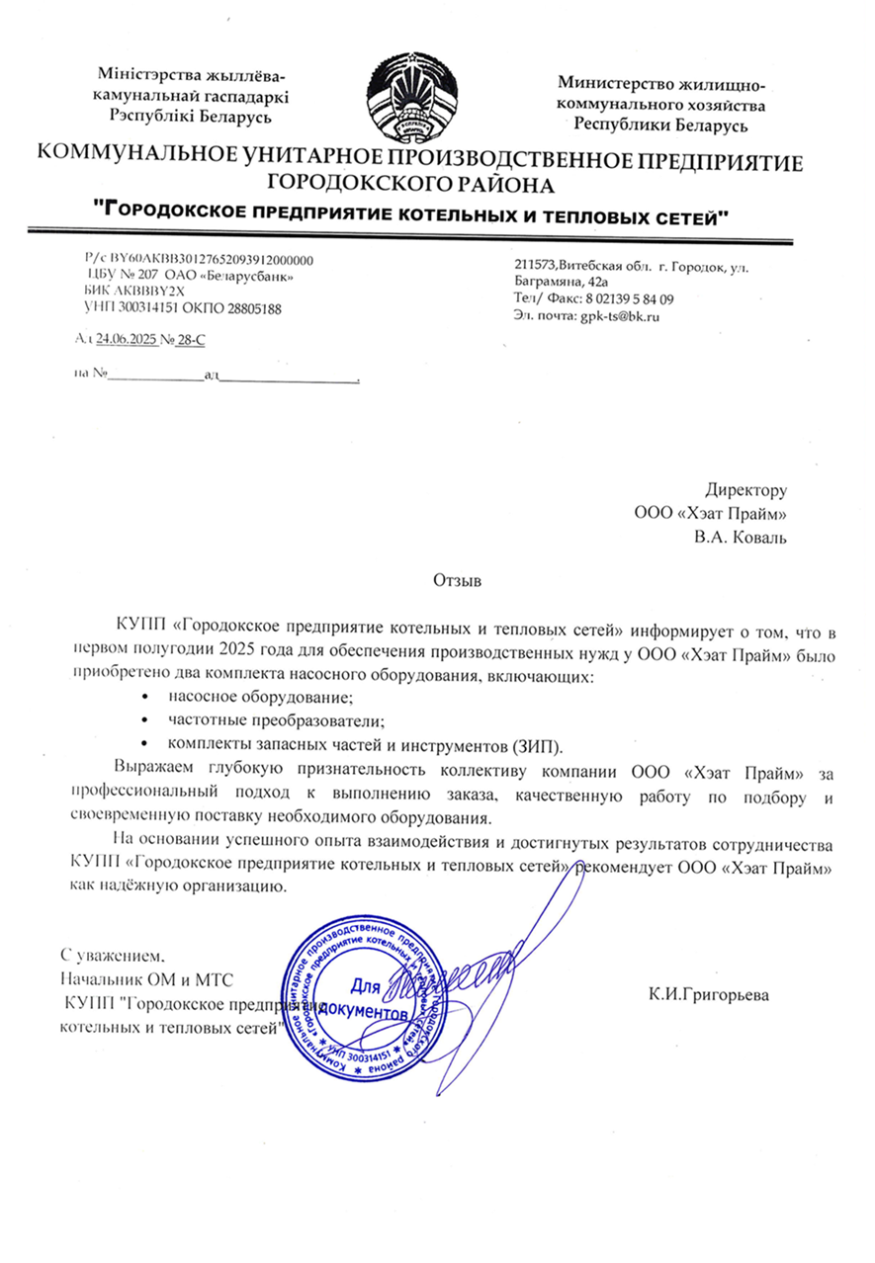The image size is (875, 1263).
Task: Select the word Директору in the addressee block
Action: click(x=746, y=489)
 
